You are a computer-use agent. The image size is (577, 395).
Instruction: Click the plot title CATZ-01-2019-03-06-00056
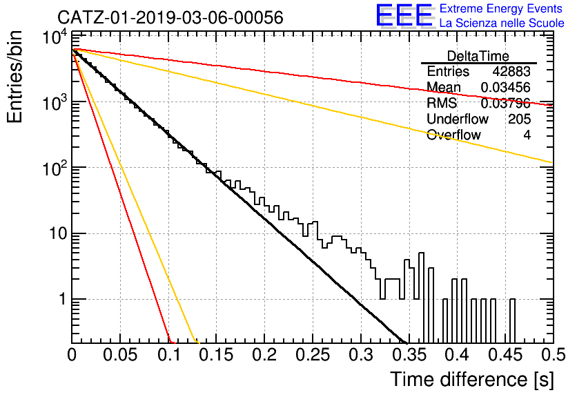170,17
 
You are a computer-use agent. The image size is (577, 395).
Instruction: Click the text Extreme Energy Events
501,8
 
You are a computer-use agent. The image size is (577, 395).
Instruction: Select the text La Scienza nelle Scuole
502,23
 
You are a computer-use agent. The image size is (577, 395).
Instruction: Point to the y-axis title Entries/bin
14,77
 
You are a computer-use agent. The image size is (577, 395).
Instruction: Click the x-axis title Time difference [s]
472,379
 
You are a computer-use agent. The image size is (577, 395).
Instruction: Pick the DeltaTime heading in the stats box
478,56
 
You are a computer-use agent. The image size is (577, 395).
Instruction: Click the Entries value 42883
511,71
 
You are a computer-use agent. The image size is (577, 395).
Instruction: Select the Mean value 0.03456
505,87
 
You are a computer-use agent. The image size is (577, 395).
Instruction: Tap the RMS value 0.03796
505,104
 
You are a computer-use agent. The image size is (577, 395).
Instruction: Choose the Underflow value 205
519,119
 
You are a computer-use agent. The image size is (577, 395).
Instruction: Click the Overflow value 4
527,135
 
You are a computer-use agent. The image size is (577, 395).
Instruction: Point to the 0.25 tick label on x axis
313,355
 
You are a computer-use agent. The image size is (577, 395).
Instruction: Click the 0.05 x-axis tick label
120,355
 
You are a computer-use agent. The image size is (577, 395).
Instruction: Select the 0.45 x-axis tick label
506,355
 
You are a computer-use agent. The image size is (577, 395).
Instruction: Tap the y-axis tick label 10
58,233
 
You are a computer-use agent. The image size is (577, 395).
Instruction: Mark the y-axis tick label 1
63,299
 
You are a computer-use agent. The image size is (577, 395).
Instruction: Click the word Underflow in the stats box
458,119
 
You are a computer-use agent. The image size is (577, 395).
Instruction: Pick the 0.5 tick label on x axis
554,355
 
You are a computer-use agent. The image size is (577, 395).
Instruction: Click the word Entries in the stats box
448,71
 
